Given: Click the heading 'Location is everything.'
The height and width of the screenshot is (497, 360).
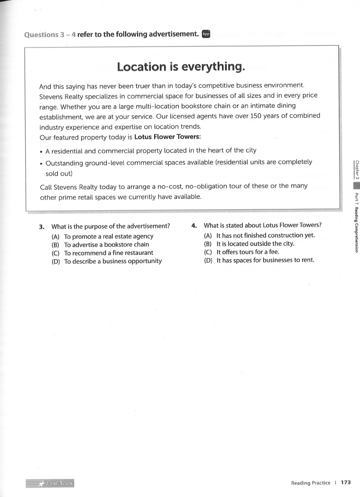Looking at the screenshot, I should [x=181, y=66].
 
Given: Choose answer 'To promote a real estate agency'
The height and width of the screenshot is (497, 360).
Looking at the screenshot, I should [x=109, y=236].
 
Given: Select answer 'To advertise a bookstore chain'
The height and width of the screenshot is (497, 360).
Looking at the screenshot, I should [x=106, y=244].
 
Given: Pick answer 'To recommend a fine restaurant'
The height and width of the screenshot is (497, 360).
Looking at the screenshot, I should [x=109, y=253].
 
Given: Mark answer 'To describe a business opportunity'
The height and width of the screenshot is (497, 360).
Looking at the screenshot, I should [x=113, y=261].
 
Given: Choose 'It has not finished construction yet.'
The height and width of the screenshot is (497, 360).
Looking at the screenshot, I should [x=265, y=235].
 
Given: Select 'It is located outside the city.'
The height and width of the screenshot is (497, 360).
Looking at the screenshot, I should [x=255, y=244].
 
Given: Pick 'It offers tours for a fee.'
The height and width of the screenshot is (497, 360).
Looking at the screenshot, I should [x=248, y=252].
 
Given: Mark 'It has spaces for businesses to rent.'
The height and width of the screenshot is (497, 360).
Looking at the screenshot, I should [x=265, y=260].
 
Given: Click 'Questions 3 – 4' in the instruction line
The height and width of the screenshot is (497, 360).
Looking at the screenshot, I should [x=50, y=34].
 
